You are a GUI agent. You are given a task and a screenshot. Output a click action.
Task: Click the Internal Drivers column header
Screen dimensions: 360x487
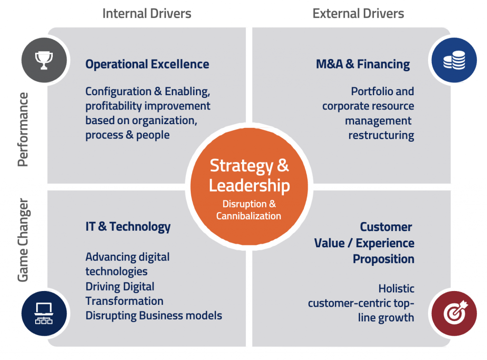(x=147, y=13)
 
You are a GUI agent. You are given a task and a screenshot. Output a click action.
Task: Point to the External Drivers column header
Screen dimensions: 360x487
(x=358, y=13)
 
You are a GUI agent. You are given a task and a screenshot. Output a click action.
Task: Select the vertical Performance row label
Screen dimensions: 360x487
(x=23, y=129)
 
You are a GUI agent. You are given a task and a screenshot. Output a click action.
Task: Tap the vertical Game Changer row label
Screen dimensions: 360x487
(x=23, y=240)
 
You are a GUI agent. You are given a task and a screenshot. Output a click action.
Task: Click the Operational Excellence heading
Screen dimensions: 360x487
(x=147, y=64)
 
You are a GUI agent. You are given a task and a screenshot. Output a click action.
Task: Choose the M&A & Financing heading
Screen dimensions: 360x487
(x=362, y=64)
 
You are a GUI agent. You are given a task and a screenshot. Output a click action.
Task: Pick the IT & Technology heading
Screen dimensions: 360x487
(x=127, y=226)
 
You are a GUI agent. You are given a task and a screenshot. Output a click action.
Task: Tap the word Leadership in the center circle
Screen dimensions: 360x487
(x=249, y=185)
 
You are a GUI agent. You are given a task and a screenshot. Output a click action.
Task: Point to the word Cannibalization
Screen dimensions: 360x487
(x=249, y=216)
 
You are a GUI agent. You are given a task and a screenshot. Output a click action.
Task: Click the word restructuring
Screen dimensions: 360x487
(x=381, y=135)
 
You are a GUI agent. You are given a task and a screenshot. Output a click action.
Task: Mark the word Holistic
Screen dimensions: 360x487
(x=396, y=288)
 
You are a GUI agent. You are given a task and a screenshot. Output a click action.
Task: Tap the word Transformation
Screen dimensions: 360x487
(x=124, y=301)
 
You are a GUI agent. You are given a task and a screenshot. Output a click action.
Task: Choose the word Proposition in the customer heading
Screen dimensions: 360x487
(x=383, y=259)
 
